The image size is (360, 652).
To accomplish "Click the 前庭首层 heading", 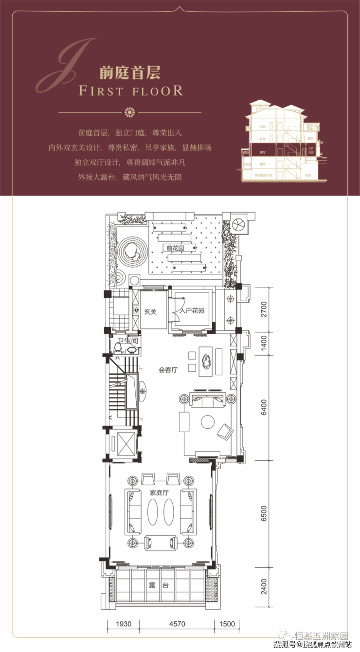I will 130,73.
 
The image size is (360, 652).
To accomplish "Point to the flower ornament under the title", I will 129,112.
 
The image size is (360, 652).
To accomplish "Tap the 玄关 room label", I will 150,312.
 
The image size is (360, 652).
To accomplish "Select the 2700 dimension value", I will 264,309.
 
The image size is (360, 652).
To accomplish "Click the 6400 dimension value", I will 264,407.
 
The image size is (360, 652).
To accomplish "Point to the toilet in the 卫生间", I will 118,347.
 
